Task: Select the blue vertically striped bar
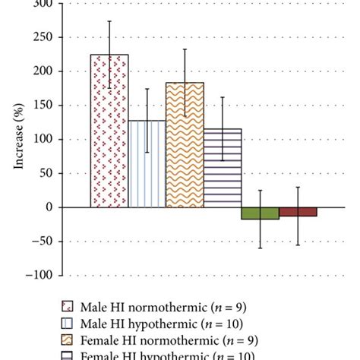pos(147,163)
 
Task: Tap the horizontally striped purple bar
pos(222,168)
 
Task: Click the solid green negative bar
pos(260,213)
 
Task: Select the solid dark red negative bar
pos(298,212)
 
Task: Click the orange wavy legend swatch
pos(68,340)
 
